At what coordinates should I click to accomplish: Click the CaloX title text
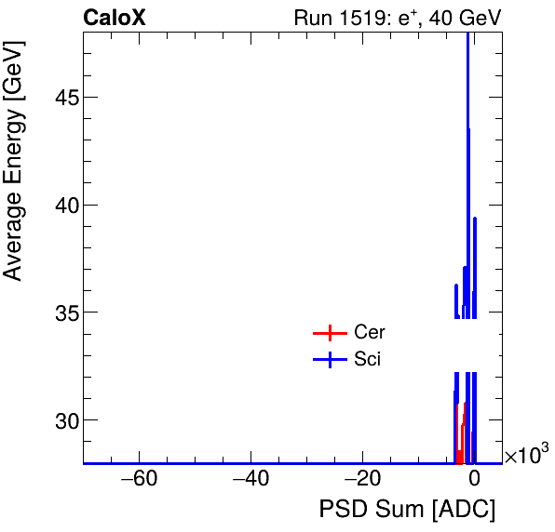point(114,18)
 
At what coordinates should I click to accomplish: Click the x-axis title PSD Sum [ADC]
point(407,511)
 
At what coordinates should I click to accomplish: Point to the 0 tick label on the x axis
point(474,480)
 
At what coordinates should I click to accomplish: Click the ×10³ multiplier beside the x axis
point(526,455)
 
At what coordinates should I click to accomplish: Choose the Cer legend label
point(369,332)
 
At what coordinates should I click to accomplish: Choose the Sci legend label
point(367,360)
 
